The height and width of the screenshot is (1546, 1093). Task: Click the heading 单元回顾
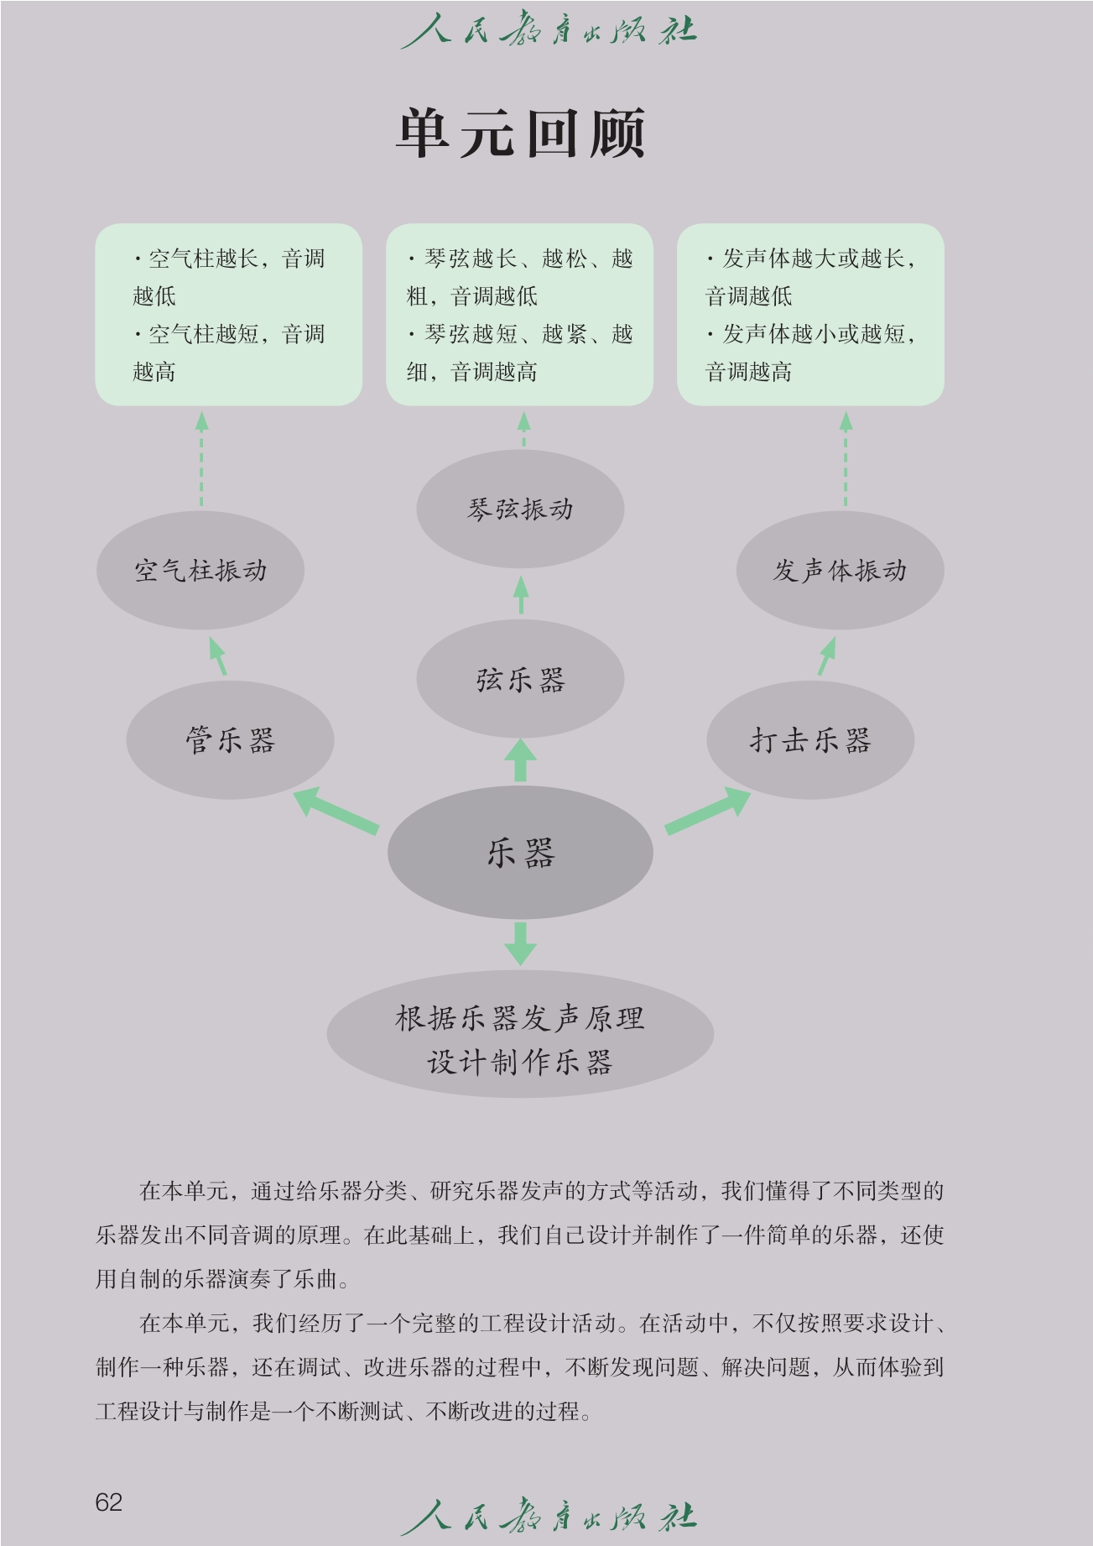[521, 133]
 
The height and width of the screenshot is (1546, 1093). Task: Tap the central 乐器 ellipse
[520, 853]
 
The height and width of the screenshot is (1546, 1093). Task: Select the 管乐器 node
[230, 740]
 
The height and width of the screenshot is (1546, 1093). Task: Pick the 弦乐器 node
[520, 678]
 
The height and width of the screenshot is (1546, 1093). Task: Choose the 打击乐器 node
[810, 740]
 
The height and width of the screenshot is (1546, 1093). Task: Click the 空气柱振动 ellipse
[200, 571]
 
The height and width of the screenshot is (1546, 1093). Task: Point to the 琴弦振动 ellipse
[520, 509]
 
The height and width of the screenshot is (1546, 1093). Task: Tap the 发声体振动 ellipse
[840, 571]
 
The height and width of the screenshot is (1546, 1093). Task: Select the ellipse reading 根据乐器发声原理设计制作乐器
[520, 1039]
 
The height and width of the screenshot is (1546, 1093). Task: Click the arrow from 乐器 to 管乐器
[336, 811]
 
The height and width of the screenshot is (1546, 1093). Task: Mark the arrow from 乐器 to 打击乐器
[708, 811]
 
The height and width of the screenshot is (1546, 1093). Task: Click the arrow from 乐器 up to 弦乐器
[520, 760]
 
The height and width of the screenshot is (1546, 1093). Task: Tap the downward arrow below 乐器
[520, 943]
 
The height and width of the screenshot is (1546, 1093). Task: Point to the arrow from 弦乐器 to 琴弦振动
[521, 594]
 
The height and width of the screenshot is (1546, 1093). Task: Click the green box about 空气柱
[228, 315]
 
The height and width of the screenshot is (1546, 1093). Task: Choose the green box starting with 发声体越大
[810, 315]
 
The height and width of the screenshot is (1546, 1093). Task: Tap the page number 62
[109, 1502]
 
